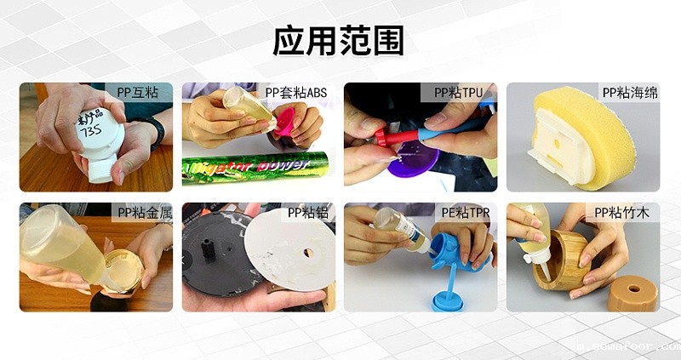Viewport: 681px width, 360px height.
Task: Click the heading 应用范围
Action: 338,41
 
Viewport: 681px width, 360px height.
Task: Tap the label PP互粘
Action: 139,92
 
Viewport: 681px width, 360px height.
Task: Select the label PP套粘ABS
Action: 295,92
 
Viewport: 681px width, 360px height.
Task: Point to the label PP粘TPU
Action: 460,92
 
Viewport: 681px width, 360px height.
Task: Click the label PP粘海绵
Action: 630,92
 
